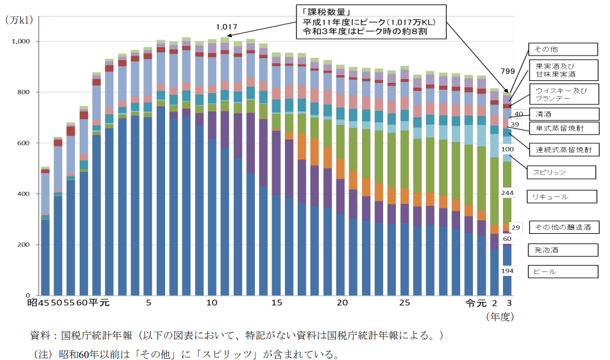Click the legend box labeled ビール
click(563, 271)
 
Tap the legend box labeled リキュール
click(563, 197)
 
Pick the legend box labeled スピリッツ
click(561, 172)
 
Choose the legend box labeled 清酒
click(563, 114)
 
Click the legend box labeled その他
click(563, 49)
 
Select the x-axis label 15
click(277, 303)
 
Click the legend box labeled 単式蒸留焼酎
click(563, 127)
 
